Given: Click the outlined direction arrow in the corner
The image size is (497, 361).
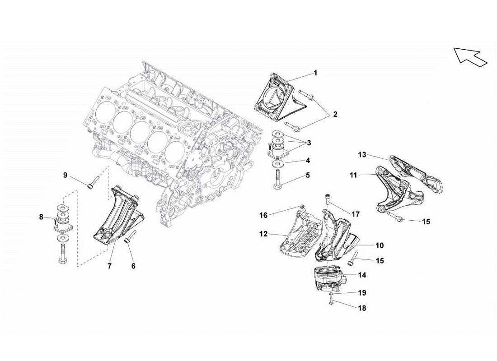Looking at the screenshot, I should (x=470, y=56).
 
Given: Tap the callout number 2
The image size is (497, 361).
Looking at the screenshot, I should (x=335, y=114).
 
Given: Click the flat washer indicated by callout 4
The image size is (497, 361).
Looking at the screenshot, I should (x=277, y=163).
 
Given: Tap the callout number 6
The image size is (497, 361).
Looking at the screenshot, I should (x=133, y=266).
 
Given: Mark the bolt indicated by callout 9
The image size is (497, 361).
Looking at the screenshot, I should (x=92, y=182).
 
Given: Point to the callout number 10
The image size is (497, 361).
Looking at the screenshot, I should (x=380, y=245).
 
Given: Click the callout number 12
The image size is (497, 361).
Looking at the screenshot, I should (x=263, y=234).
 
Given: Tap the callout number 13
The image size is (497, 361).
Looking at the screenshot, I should (x=362, y=155).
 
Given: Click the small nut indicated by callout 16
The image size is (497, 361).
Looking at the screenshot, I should (x=302, y=207).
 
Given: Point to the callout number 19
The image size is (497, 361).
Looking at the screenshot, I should (x=361, y=293).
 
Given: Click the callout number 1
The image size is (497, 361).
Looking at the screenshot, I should (x=315, y=73).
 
